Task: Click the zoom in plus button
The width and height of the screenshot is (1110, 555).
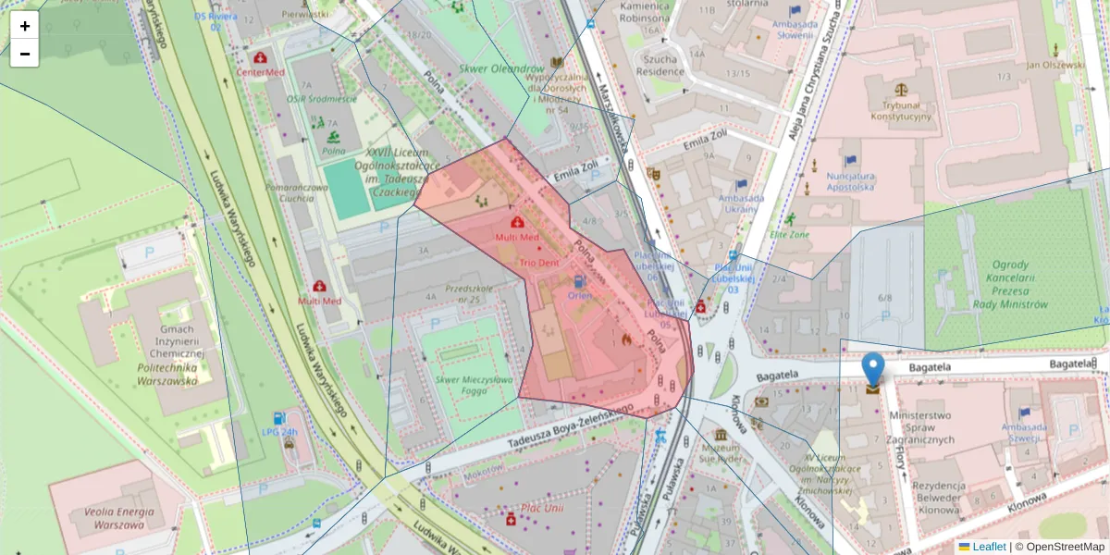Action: pyautogui.click(x=25, y=26)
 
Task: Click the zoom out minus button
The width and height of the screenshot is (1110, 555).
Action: pyautogui.click(x=25, y=54)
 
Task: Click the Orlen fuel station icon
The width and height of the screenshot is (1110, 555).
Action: pyautogui.click(x=579, y=281)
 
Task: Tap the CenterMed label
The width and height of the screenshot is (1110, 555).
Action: pyautogui.click(x=261, y=71)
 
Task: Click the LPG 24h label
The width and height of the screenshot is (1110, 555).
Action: pyautogui.click(x=280, y=432)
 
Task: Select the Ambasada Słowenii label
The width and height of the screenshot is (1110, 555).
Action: pyautogui.click(x=782, y=31)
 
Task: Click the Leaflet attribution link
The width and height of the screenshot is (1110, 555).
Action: pyautogui.click(x=989, y=547)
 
